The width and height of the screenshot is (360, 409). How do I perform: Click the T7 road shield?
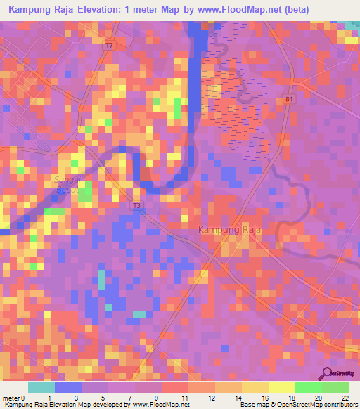109,46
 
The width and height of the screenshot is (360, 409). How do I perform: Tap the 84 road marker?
289,100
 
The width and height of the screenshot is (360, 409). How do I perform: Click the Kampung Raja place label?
230,230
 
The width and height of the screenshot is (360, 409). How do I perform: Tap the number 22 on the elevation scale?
345,397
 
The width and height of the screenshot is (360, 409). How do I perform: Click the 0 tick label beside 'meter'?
25,397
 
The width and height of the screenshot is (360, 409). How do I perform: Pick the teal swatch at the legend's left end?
41,387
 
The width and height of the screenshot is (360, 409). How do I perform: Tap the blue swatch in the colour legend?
68,387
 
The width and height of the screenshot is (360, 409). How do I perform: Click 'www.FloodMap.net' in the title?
222,10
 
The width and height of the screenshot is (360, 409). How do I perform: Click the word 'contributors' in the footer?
340,405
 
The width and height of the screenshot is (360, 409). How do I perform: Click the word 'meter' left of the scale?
11,397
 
